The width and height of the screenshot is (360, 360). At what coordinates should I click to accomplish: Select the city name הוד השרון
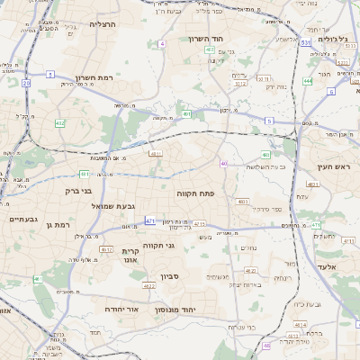pos(205,39)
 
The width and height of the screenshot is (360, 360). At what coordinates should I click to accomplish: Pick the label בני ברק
pos(79,191)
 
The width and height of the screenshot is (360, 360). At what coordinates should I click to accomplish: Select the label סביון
pos(171,277)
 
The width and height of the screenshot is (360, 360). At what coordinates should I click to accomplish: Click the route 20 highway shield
pos(26,83)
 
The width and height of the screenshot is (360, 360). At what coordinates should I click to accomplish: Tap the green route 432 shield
pos(59,122)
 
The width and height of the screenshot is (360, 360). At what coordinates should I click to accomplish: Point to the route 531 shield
pos(306,42)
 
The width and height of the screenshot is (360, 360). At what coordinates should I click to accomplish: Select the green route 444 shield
pos(308,81)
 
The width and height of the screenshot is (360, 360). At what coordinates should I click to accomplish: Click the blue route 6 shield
pos(331,91)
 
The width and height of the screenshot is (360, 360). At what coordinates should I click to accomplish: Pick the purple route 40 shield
pos(223,163)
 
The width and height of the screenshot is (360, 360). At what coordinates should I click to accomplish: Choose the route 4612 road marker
pos(104,248)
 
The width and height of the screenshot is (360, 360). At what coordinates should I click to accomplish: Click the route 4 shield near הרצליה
pos(161,43)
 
